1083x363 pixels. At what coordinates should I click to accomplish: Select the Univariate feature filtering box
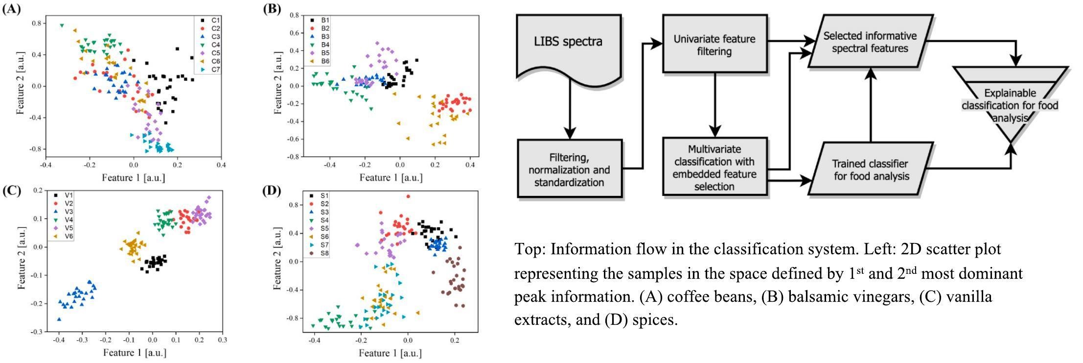point(714,45)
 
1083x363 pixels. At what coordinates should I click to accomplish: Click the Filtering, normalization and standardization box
point(569,169)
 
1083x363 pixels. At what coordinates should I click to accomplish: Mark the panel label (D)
point(272,191)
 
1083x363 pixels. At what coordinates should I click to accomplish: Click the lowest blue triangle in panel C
point(59,319)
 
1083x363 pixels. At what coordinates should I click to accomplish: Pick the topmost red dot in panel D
point(408,196)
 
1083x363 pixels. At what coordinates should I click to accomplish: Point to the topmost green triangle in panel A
point(62,25)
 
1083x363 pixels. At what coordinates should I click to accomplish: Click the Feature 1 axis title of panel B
point(391,177)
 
